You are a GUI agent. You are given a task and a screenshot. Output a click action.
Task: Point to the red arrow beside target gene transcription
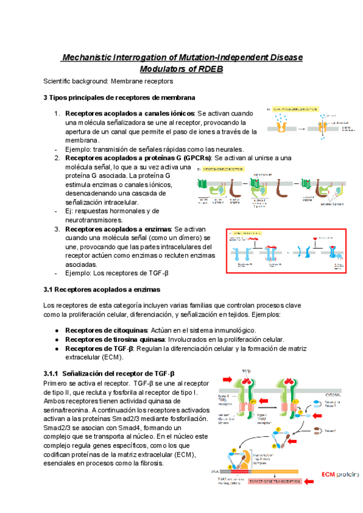pos(309,482)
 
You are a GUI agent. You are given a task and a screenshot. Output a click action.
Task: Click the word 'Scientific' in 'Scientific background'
pos(59,81)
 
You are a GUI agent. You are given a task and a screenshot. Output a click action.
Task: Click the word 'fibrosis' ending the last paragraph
pos(149,463)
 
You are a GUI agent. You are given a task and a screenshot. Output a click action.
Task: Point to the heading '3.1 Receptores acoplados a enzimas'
pos(99,290)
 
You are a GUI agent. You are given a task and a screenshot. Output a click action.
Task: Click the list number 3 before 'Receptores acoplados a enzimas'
pos(57,229)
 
